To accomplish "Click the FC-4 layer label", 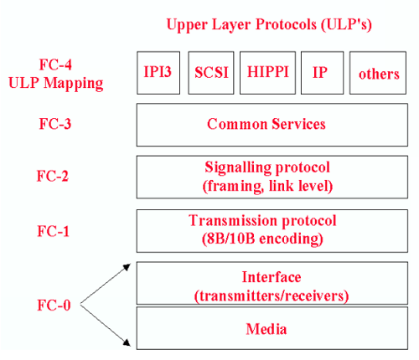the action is (x=55, y=64).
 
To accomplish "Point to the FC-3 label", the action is (x=55, y=124).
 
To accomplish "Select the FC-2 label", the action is (x=53, y=176).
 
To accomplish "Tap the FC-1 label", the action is (x=53, y=231).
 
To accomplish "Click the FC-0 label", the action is (x=54, y=305).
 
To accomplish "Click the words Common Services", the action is (x=266, y=124).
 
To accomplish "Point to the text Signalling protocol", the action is (x=267, y=167).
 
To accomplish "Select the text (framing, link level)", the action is (x=267, y=187).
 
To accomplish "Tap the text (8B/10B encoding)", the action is (x=262, y=239).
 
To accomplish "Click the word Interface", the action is (x=272, y=277).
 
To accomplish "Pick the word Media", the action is (x=266, y=329).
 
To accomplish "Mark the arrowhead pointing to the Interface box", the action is (x=127, y=267).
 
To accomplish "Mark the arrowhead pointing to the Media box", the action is (x=127, y=342).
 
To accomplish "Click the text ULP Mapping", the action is (x=56, y=84).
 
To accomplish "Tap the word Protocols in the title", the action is (x=286, y=24).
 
